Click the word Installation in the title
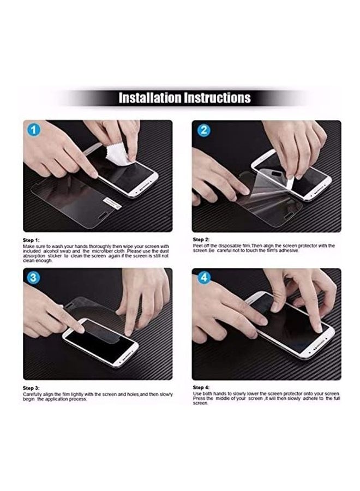[x=150, y=98]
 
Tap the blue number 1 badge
[x=33, y=130]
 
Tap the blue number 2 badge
[x=204, y=130]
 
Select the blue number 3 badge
[x=33, y=278]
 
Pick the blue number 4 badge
[x=204, y=278]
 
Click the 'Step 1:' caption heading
[x=31, y=240]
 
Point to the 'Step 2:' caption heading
[x=201, y=239]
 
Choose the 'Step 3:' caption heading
[x=31, y=388]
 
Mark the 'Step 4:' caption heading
[x=201, y=387]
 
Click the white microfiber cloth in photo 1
[x=118, y=154]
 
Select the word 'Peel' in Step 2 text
[x=198, y=246]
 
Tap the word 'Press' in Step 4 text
[x=199, y=398]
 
